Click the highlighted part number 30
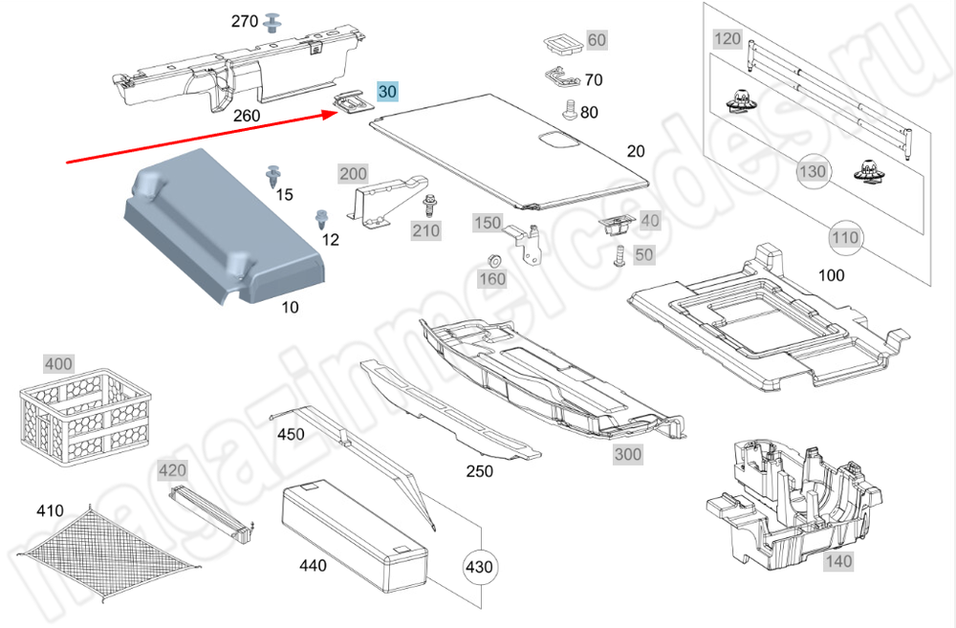click(387, 92)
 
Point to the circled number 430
click(479, 567)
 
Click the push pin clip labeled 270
click(273, 21)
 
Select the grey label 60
click(597, 40)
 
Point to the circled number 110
click(845, 236)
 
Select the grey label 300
click(627, 454)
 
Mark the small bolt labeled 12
click(321, 220)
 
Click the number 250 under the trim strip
click(479, 471)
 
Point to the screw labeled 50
click(619, 255)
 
